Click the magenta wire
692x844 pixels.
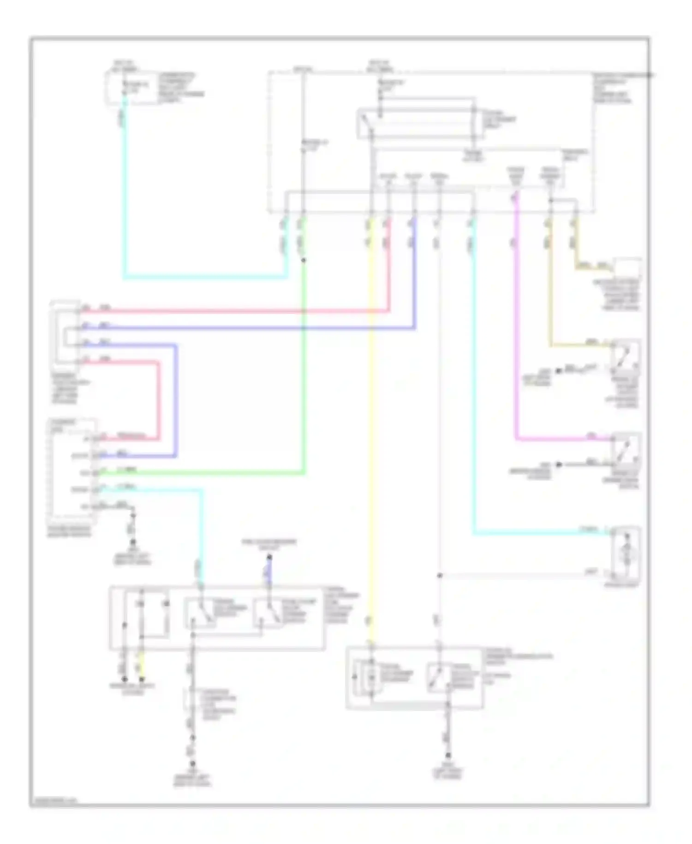click(x=515, y=346)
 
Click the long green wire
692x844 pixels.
click(x=303, y=369)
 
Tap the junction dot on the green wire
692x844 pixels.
click(x=303, y=260)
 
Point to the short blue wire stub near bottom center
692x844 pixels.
click(x=269, y=573)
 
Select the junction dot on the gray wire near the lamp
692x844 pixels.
click(x=439, y=576)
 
